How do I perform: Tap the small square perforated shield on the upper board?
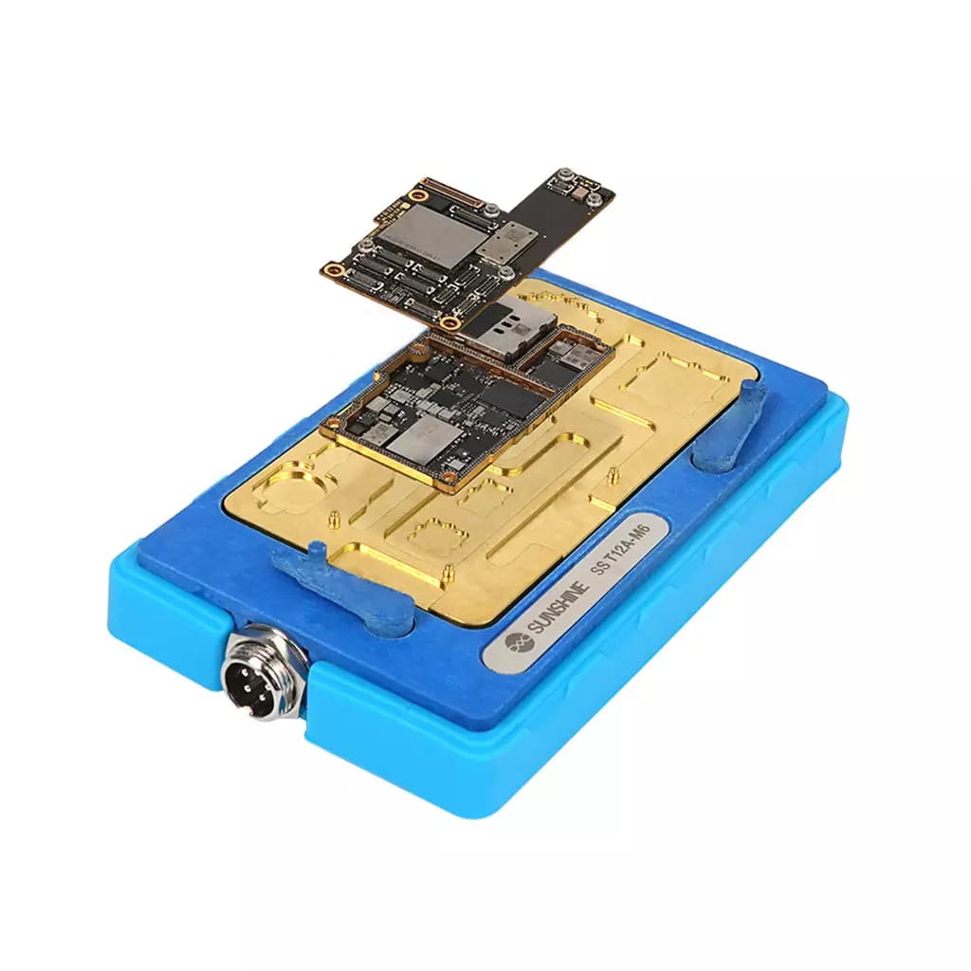(511, 238)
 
